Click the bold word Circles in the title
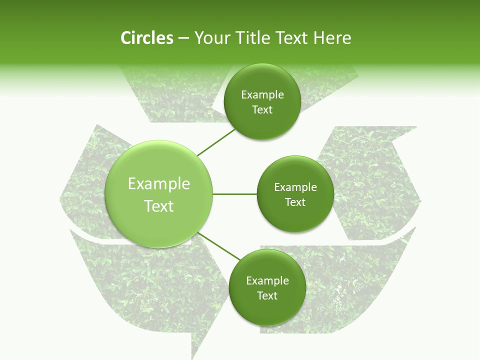click(x=146, y=38)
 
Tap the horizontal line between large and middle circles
click(x=234, y=194)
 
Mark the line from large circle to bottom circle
click(x=219, y=246)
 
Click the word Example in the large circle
click(x=159, y=184)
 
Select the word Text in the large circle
click(x=159, y=206)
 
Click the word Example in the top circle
click(x=262, y=95)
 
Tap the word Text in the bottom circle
click(x=267, y=296)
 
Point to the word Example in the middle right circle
click(x=295, y=187)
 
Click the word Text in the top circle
click(x=262, y=110)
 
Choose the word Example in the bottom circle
click(x=267, y=281)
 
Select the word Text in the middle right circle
click(x=295, y=202)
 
